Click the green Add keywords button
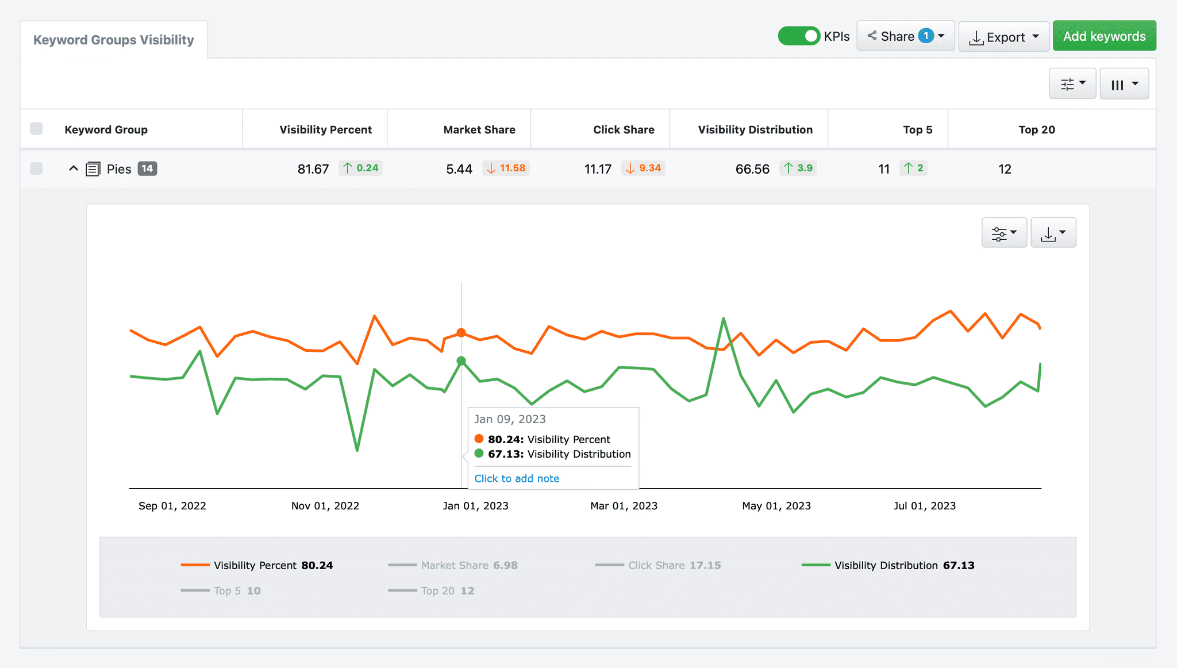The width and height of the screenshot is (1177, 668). pos(1104,36)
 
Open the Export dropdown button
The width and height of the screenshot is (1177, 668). pos(1003,37)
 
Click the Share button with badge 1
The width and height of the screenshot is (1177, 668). pos(905,36)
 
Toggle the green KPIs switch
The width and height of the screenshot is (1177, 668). pos(798,36)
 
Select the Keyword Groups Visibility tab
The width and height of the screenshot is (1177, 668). pos(114,40)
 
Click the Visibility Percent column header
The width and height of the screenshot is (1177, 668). pos(325,130)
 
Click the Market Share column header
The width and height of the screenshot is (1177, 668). pos(479,130)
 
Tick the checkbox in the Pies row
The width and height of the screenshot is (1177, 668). pos(36,168)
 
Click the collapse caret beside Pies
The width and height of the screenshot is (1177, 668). pos(74,168)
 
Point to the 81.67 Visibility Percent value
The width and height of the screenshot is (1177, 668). pos(313,169)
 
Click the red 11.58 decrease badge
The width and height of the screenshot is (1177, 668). pos(506,168)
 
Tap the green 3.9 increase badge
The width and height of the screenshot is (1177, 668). pos(798,168)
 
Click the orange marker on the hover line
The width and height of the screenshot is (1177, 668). pos(461,333)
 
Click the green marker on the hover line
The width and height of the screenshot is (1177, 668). pos(461,361)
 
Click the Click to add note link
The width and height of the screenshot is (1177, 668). pos(517,478)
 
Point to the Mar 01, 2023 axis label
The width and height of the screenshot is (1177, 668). pos(624,506)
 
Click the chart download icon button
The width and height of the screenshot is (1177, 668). pos(1053,233)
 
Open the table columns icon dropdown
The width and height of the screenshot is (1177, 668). pos(1124,85)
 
